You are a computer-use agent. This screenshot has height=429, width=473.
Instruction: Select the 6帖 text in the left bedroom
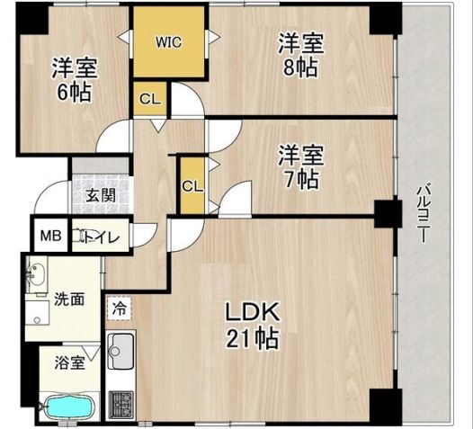click(x=75, y=92)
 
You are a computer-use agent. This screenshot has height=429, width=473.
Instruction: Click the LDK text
click(x=253, y=312)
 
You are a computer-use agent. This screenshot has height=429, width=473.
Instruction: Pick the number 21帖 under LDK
click(x=253, y=340)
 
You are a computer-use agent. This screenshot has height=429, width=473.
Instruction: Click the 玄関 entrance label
click(x=100, y=195)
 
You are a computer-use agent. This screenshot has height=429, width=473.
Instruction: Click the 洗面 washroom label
click(x=68, y=299)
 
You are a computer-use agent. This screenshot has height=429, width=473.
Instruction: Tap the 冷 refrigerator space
click(x=120, y=307)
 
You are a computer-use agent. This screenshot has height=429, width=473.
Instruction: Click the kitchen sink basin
click(x=120, y=345)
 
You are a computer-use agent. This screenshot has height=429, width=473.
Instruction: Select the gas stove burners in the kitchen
click(x=120, y=400)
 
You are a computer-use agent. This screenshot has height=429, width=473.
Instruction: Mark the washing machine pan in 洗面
click(x=40, y=315)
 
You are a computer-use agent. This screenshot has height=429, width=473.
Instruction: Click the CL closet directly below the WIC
click(x=150, y=100)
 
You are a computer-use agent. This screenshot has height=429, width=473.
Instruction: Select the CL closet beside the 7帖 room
click(x=192, y=186)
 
